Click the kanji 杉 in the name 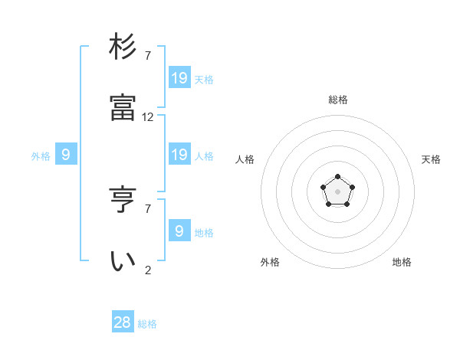pyautogui.click(x=123, y=47)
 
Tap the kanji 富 pyautogui.click(x=123, y=109)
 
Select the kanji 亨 pyautogui.click(x=123, y=200)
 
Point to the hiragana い pyautogui.click(x=123, y=261)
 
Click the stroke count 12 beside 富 pyautogui.click(x=148, y=117)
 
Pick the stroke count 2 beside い pyautogui.click(x=148, y=270)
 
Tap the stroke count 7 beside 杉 pyautogui.click(x=148, y=55)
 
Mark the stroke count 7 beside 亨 pyautogui.click(x=148, y=208)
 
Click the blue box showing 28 pyautogui.click(x=123, y=322)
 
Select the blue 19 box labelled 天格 pyautogui.click(x=179, y=77)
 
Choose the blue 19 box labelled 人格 pyautogui.click(x=179, y=155)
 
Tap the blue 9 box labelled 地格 pyautogui.click(x=179, y=231)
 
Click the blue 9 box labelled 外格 pyautogui.click(x=66, y=155)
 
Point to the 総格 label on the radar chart pyautogui.click(x=338, y=100)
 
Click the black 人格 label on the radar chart pyautogui.click(x=245, y=159)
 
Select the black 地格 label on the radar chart pyautogui.click(x=402, y=262)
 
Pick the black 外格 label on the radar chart pyautogui.click(x=270, y=262)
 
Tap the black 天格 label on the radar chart pyautogui.click(x=431, y=159)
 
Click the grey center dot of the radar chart pyautogui.click(x=337, y=191)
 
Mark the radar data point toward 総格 pyautogui.click(x=337, y=177)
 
